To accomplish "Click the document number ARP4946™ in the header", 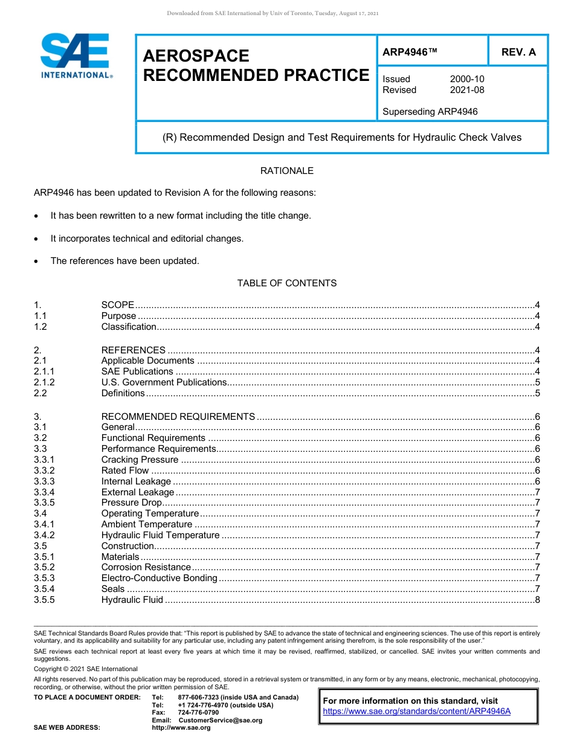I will pos(409,52).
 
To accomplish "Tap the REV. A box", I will pos(518,52).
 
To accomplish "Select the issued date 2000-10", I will pos(466,79).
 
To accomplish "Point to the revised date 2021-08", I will pos(466,90).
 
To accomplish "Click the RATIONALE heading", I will pos(286,171).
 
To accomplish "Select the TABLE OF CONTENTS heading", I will pos(286,283).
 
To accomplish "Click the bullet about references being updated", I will pos(124,261).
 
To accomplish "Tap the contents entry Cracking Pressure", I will pos(140,460).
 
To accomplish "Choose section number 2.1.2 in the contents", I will pos(44,382).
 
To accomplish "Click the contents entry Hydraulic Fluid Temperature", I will pos(160,535).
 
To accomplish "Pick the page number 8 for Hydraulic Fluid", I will pos(537,600).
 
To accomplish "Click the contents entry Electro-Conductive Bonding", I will pos(159,578).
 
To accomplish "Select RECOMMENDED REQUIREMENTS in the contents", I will pos(178,416).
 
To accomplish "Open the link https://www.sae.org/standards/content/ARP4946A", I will pos(416,711).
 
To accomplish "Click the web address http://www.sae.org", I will pos(181,727).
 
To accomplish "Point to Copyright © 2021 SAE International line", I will pos(85,669).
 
